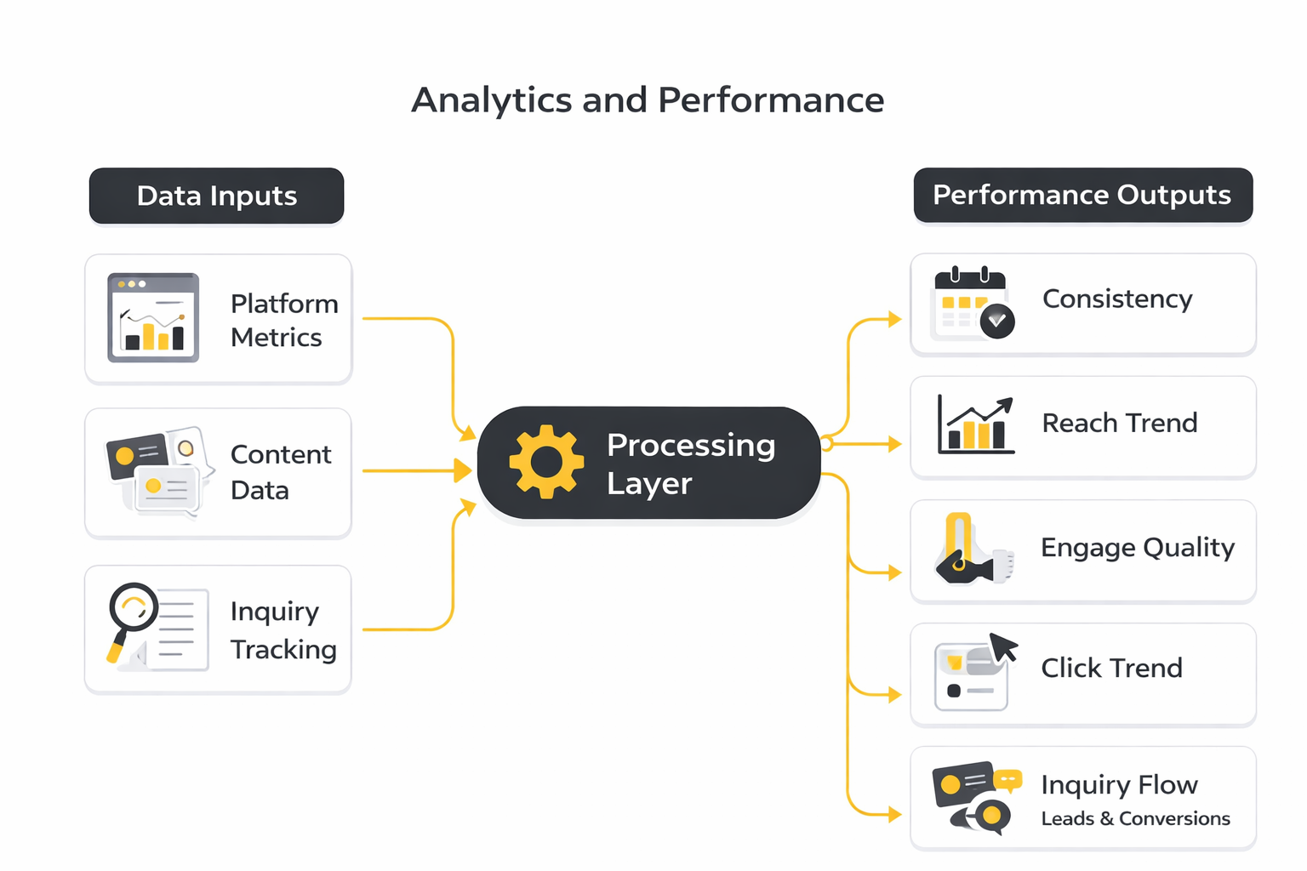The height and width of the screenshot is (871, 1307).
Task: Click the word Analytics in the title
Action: point(491,100)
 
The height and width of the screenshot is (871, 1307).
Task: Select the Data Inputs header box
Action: point(216,196)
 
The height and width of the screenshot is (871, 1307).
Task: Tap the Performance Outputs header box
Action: point(1083,195)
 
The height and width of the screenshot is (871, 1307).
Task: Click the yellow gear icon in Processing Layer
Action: point(546,462)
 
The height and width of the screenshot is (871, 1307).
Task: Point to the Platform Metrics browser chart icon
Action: point(153,317)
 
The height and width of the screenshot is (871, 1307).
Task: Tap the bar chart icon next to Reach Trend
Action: point(976,424)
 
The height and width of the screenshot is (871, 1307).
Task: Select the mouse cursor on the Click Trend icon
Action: point(1003,647)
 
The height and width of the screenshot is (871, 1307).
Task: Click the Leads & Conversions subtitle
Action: point(1135,818)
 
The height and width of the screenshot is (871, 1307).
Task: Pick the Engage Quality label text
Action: point(1138,549)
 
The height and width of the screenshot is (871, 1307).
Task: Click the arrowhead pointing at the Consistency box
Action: point(895,319)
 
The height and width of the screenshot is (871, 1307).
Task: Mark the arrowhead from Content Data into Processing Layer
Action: point(463,470)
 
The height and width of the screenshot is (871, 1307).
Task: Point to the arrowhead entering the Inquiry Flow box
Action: point(895,814)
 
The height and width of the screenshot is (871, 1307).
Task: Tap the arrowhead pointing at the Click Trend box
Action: point(895,694)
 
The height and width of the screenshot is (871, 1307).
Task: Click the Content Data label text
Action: point(281,472)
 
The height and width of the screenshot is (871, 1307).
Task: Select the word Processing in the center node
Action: point(691,447)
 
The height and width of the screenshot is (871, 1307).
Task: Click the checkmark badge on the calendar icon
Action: point(997,321)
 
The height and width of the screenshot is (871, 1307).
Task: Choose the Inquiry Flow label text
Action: point(1119,785)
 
